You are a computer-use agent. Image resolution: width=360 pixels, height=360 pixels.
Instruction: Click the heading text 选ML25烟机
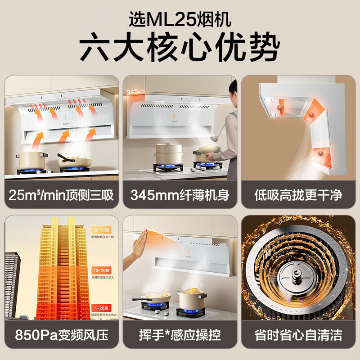point(180,19)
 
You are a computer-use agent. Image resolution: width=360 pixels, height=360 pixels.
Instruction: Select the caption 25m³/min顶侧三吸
point(62,195)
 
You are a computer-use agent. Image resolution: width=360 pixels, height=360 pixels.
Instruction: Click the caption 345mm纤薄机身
point(180,195)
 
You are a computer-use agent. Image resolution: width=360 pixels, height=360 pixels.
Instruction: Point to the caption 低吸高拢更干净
point(298,195)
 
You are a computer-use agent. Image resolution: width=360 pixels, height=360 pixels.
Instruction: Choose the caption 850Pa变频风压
point(62,335)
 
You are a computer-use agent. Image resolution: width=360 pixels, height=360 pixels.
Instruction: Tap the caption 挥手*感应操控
point(180,335)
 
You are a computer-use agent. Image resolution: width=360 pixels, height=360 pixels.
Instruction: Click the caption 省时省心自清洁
point(298,335)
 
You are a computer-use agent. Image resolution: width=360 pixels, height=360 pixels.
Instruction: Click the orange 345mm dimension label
point(135,92)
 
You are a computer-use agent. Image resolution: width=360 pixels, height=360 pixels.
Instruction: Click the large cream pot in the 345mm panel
point(168,153)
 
